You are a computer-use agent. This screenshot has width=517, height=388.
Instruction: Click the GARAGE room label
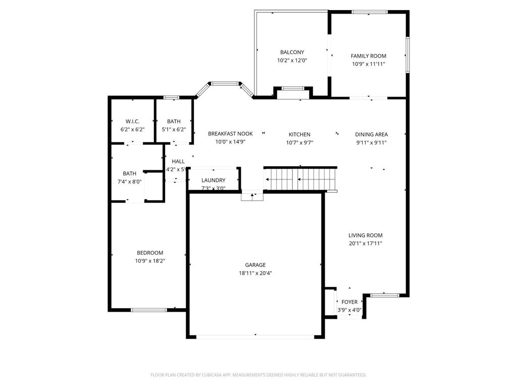[x=255, y=265]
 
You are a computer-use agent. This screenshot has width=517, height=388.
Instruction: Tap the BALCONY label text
[x=292, y=52]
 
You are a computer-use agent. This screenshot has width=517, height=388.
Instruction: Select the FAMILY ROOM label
[x=369, y=56]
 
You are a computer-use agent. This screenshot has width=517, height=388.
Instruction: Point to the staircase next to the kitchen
[x=301, y=179]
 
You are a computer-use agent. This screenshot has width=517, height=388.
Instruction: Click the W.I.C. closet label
[x=132, y=121]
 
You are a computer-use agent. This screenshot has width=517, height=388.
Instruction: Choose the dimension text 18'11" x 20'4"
[x=255, y=273]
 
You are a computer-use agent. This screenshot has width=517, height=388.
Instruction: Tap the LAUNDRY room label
[x=213, y=180]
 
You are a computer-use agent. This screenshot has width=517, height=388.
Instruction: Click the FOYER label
[x=349, y=302]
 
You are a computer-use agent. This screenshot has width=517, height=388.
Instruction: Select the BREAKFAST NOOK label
[x=230, y=134]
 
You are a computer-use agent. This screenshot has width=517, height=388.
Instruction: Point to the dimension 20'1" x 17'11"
[x=366, y=244]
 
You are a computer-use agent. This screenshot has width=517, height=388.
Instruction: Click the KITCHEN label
[x=299, y=134]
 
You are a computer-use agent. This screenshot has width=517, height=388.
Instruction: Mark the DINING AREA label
[x=371, y=134]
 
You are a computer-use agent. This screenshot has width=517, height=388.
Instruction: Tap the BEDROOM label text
[x=150, y=253]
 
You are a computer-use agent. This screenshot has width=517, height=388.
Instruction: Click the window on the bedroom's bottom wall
[x=148, y=310]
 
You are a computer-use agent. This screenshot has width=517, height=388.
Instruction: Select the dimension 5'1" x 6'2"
[x=174, y=130]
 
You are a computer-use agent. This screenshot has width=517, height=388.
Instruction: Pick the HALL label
[x=178, y=162]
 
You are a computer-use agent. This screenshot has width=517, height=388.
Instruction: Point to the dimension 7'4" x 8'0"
[x=129, y=182]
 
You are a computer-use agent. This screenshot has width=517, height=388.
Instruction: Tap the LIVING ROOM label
[x=366, y=235]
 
